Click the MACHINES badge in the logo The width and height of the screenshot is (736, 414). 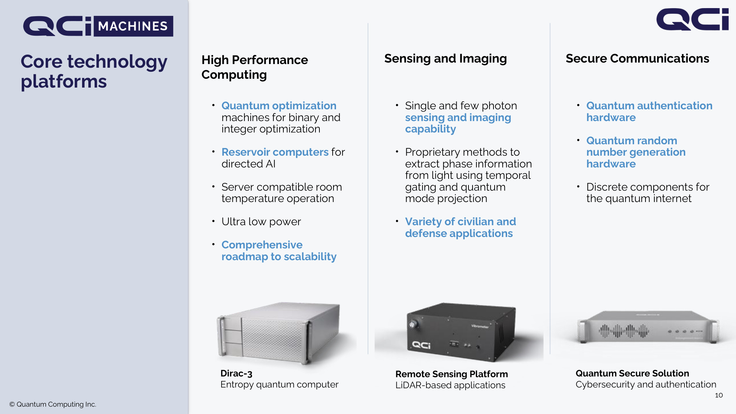pyautogui.click(x=133, y=26)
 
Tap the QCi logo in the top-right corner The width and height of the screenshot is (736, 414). pyautogui.click(x=692, y=19)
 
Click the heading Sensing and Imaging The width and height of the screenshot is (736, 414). pyautogui.click(x=445, y=59)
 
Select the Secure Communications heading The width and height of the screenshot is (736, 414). pyautogui.click(x=637, y=59)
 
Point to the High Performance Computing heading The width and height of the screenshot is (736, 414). pyautogui.click(x=255, y=67)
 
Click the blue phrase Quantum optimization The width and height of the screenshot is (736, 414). pyautogui.click(x=279, y=106)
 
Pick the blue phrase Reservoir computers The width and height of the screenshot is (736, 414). pyautogui.click(x=275, y=152)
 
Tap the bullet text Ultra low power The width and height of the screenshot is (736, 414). pyautogui.click(x=261, y=222)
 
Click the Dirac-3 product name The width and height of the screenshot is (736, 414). pyautogui.click(x=236, y=374)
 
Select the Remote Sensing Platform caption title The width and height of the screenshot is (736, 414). pyautogui.click(x=452, y=374)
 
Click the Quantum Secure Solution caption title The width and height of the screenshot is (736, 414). pyautogui.click(x=632, y=373)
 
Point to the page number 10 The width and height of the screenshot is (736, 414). pyautogui.click(x=719, y=395)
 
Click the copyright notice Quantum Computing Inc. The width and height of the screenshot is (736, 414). pyautogui.click(x=53, y=404)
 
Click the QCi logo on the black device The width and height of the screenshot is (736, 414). pyautogui.click(x=421, y=345)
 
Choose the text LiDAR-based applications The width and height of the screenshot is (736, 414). pyautogui.click(x=450, y=385)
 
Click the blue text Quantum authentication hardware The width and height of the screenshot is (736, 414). pyautogui.click(x=649, y=112)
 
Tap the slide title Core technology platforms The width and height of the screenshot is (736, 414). pyautogui.click(x=94, y=71)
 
